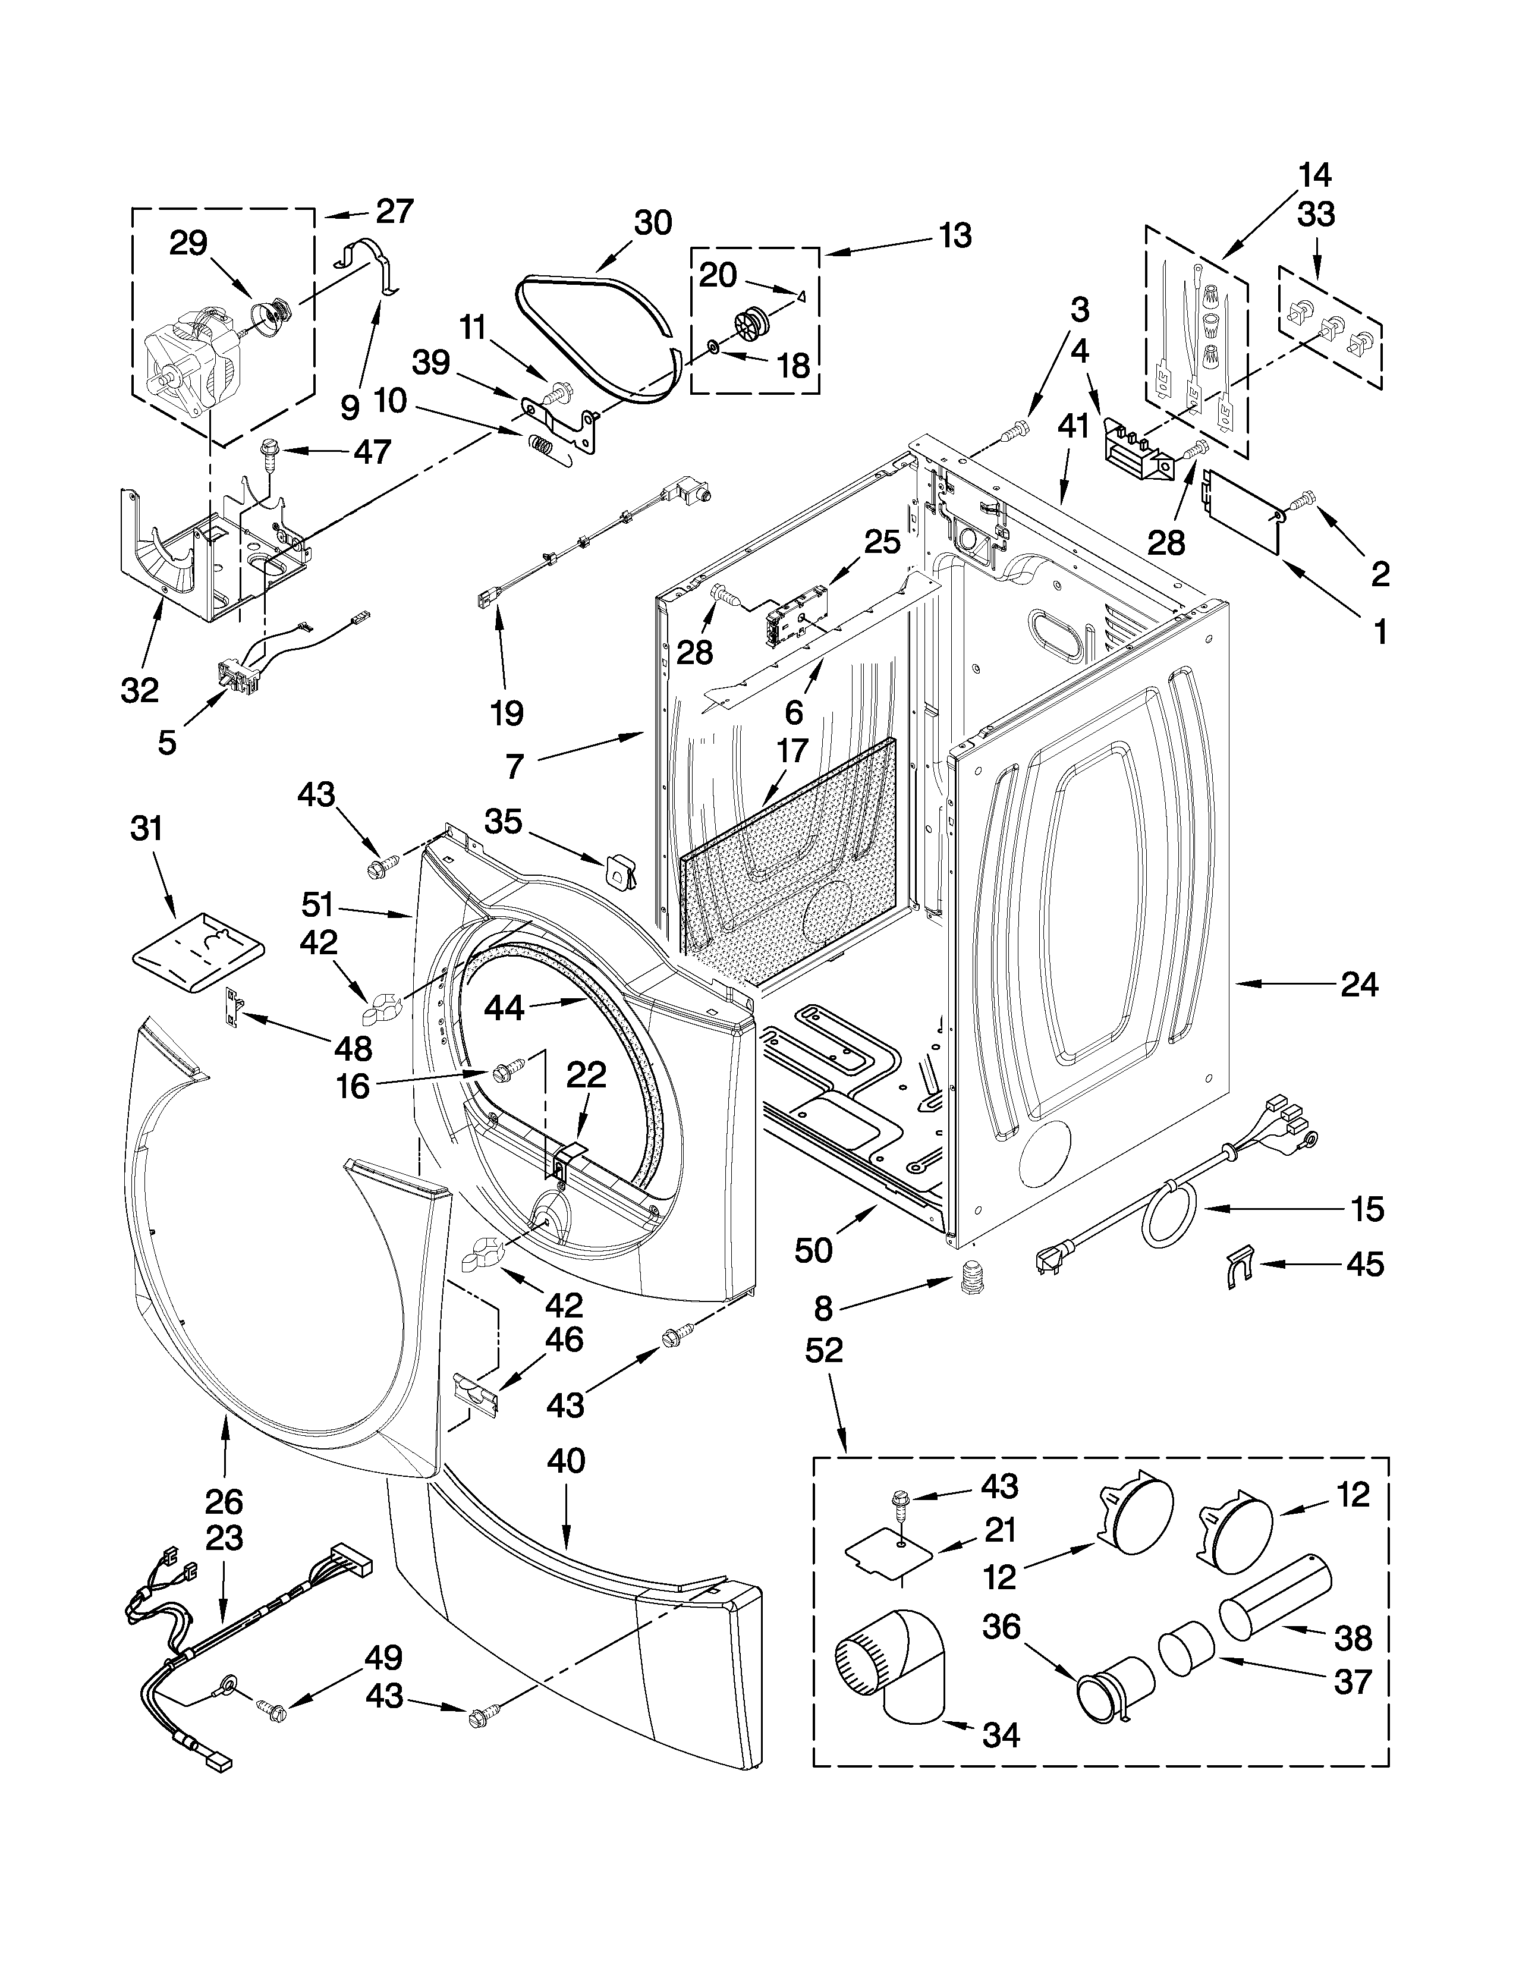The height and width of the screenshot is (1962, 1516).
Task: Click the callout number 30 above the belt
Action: (652, 223)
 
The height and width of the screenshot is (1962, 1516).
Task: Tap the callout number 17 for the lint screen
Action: (791, 750)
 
